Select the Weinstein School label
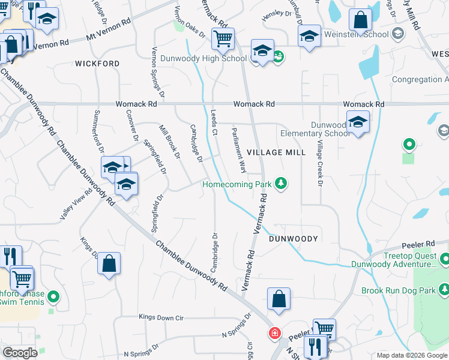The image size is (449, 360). pos(357,35)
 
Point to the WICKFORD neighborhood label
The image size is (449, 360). pos(97,63)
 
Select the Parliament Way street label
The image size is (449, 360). pos(239,150)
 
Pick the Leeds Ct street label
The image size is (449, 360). pos(214,122)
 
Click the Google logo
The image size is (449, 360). pos(20,353)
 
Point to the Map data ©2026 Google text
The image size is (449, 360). pos(411,356)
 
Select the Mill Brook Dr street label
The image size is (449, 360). pos(169,142)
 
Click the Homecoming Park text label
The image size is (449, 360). pos(234,184)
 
